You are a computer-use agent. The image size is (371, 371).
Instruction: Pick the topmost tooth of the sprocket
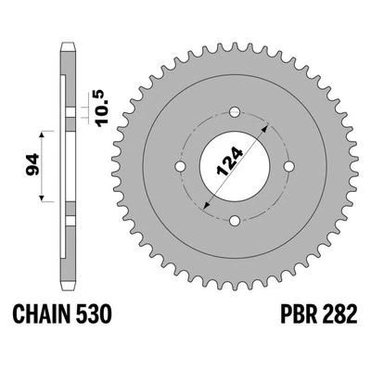point(236,41)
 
